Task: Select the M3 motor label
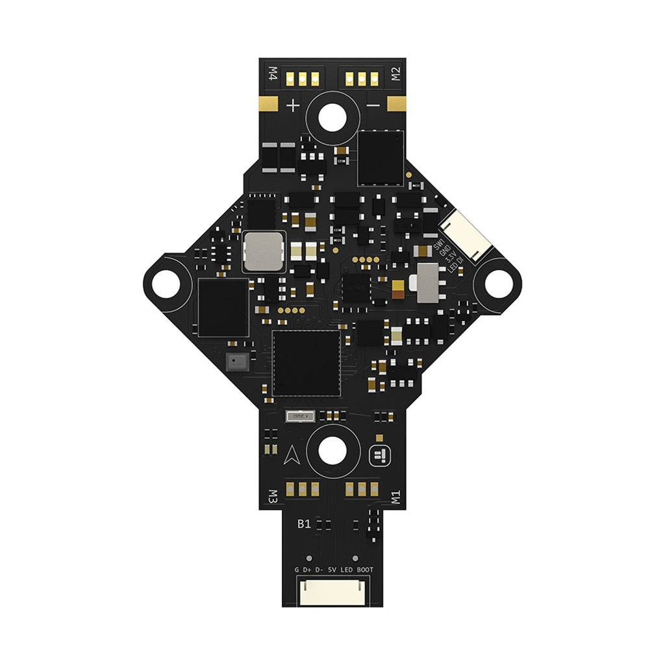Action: [273, 496]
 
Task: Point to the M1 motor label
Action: [395, 497]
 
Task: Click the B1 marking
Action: [303, 524]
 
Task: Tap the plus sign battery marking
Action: [294, 105]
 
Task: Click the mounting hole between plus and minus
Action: [332, 116]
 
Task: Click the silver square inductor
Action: [264, 251]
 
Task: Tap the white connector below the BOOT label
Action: [332, 591]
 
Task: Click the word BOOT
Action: [365, 570]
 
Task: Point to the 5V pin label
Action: [332, 570]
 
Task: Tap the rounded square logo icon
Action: [379, 457]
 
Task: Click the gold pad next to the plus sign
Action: [268, 104]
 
